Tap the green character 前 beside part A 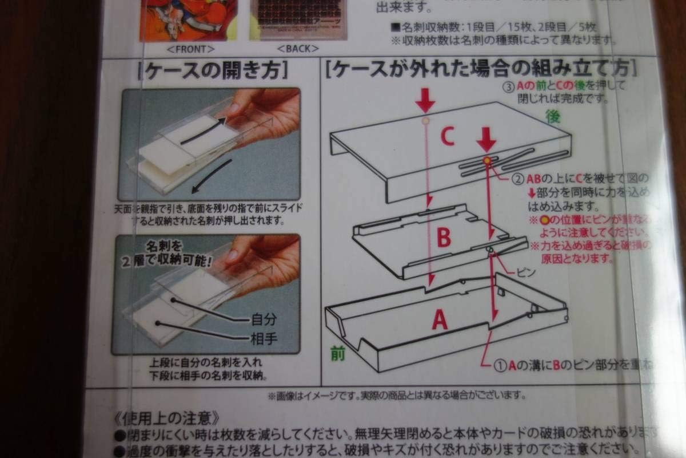click(338, 353)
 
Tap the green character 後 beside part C click(554, 117)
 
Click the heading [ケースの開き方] click(209, 70)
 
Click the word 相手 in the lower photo click(264, 338)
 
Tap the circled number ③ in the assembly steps click(506, 86)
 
